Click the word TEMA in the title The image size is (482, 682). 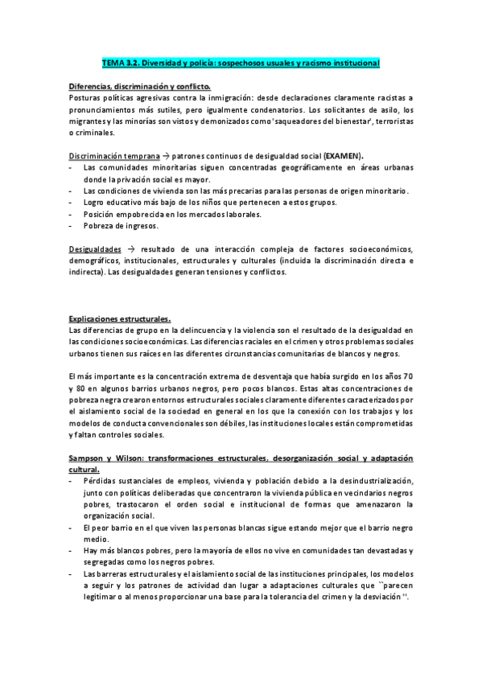(x=113, y=62)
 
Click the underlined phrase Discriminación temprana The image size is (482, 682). (x=113, y=155)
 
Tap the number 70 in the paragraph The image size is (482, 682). (x=408, y=376)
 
